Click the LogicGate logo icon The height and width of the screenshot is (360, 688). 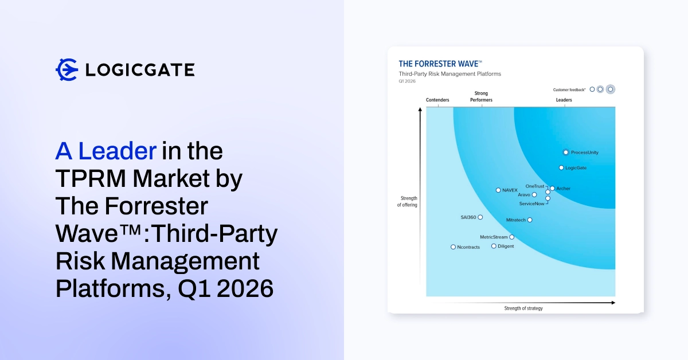click(67, 69)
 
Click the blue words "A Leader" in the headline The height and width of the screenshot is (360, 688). click(106, 151)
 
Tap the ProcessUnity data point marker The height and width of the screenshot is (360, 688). click(566, 152)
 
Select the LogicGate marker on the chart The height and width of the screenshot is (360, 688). click(561, 168)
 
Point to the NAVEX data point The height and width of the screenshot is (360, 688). click(498, 190)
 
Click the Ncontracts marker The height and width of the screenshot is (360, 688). click(453, 247)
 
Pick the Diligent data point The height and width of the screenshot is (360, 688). click(494, 246)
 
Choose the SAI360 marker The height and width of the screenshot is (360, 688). click(480, 217)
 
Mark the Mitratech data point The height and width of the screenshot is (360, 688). click(530, 220)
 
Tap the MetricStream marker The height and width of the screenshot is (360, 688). click(512, 237)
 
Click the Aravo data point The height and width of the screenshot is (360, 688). click(534, 195)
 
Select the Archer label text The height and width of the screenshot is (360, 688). click(563, 189)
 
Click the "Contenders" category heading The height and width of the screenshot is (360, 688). click(437, 100)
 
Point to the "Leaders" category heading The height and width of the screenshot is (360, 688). click(564, 100)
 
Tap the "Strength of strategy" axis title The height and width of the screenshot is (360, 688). click(523, 308)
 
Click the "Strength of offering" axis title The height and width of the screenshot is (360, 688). click(407, 202)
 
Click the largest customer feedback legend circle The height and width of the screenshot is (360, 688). click(610, 89)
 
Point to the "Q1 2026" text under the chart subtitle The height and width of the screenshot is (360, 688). click(407, 81)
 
